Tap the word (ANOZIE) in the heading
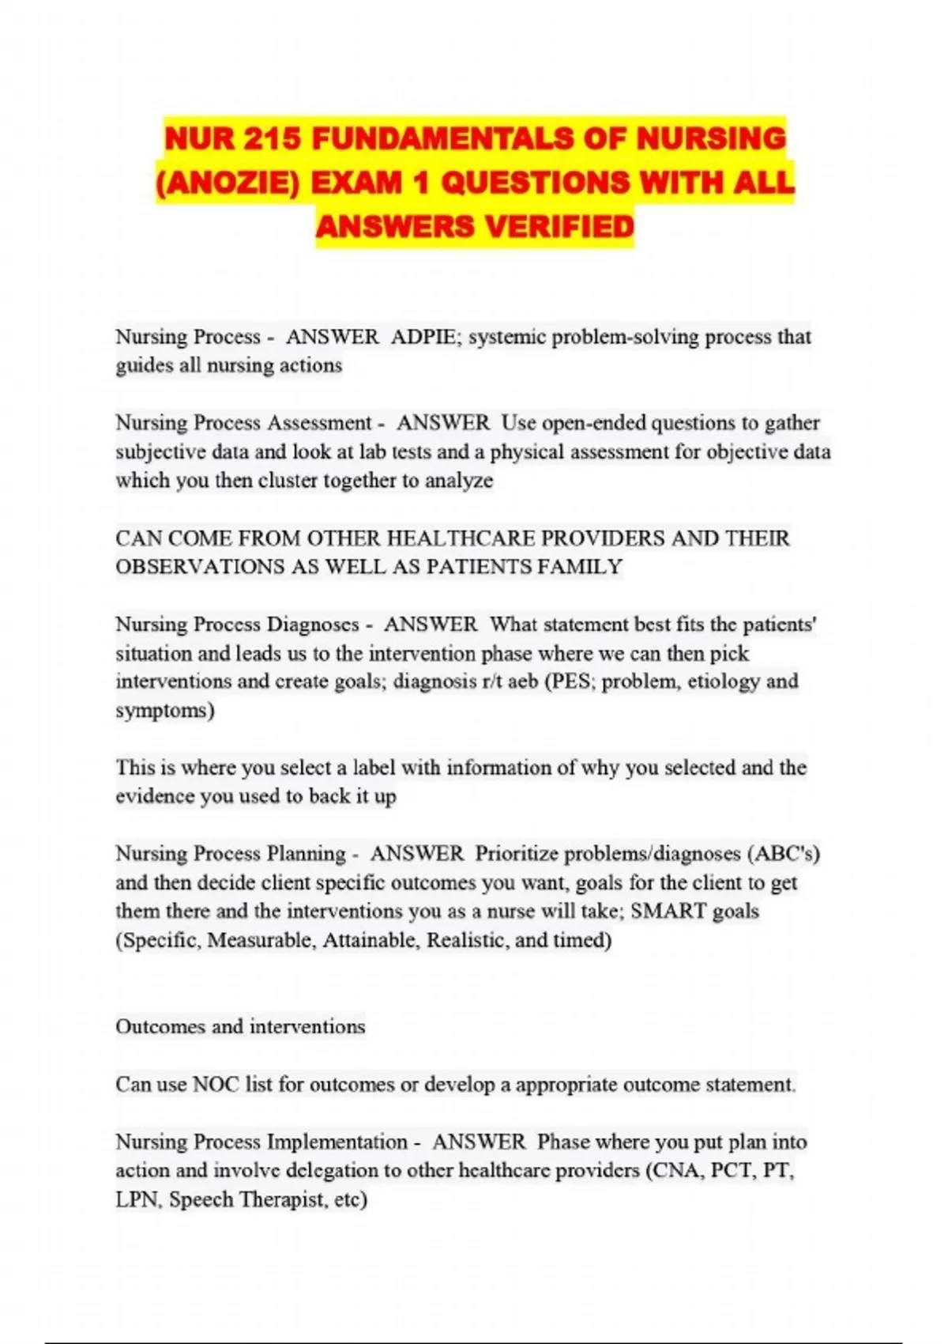click(228, 183)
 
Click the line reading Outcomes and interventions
click(240, 1026)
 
